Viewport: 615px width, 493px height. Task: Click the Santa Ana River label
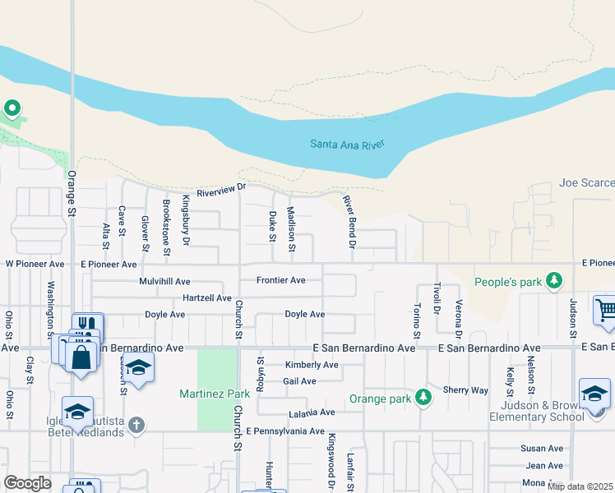(x=347, y=145)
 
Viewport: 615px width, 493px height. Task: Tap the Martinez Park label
(x=215, y=394)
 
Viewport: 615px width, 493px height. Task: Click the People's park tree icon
(x=556, y=282)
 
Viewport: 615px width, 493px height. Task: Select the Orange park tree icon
(x=423, y=398)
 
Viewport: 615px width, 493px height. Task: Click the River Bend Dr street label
(x=348, y=217)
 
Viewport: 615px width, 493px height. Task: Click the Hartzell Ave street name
(x=207, y=297)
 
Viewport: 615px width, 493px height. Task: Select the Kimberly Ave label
(x=312, y=365)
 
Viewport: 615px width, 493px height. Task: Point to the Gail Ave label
(x=299, y=381)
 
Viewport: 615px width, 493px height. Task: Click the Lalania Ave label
(x=312, y=412)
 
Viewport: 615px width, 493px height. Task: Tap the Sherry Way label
(x=465, y=390)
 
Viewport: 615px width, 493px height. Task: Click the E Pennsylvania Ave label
(x=285, y=431)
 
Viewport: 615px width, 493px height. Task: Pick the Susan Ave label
(x=541, y=449)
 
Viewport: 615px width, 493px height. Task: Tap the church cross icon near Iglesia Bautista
(x=136, y=425)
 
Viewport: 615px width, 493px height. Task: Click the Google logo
(x=27, y=483)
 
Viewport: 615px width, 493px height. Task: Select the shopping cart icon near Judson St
(x=604, y=311)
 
